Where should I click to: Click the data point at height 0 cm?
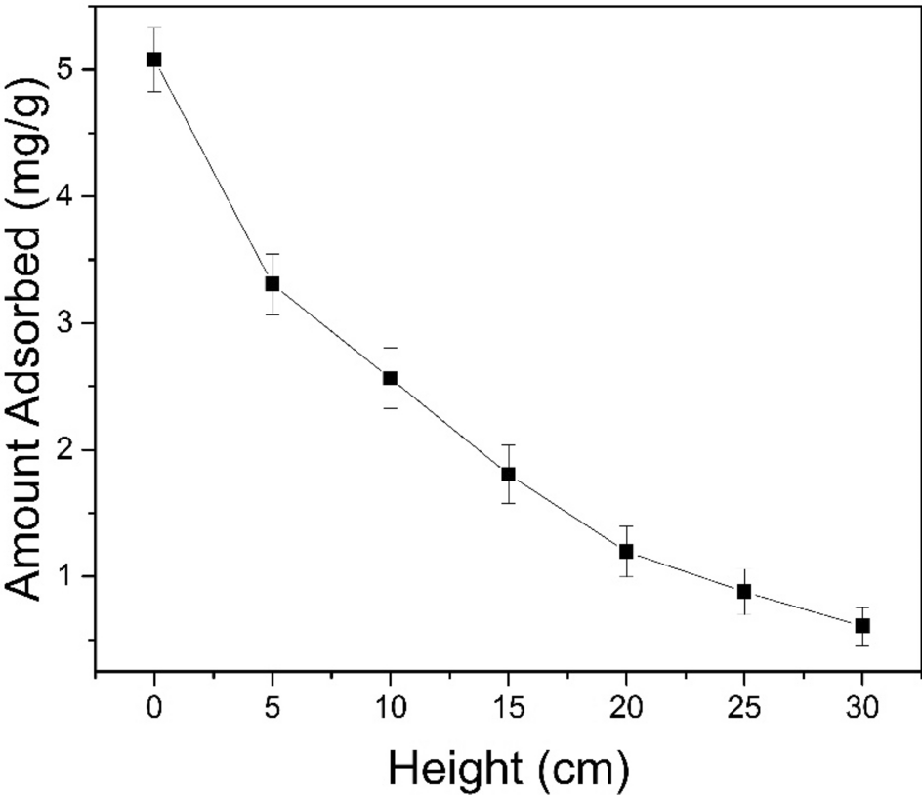coord(154,60)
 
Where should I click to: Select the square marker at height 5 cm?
coord(272,284)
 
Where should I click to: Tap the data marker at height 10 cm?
coord(391,378)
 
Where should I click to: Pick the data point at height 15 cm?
coord(508,475)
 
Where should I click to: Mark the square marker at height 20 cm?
coord(626,551)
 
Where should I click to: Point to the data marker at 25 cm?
coord(744,592)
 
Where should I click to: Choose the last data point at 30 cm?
coord(862,625)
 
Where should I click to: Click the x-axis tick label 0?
coord(154,705)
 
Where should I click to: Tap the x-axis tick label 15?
coord(508,705)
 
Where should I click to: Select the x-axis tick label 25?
coord(744,705)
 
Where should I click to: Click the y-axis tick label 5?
coord(74,70)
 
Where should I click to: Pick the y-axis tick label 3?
coord(74,323)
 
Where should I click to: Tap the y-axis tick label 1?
coord(74,576)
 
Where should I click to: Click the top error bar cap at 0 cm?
coord(154,28)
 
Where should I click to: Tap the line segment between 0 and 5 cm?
coord(213,172)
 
